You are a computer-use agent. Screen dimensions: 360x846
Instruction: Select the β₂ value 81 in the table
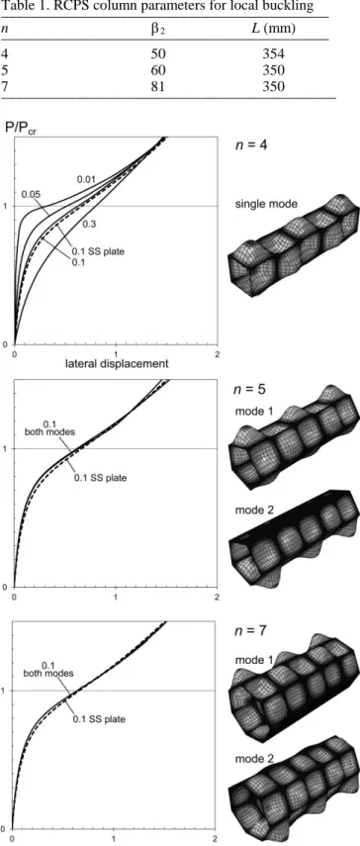159,86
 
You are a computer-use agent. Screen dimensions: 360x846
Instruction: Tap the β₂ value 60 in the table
159,70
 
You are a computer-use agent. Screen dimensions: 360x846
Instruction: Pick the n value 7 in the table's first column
5,86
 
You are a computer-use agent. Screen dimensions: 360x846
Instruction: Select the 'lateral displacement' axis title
117,364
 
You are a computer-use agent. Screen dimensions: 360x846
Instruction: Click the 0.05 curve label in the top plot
31,194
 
